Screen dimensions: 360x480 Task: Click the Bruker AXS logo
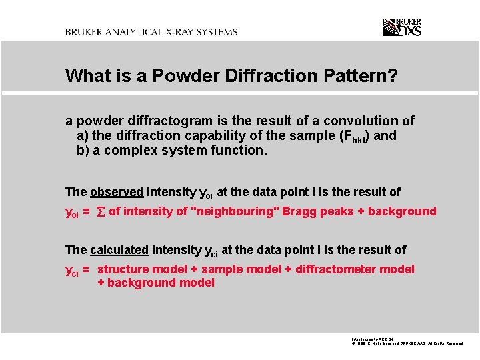click(402, 27)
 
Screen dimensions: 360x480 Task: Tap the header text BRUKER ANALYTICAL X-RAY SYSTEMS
click(151, 32)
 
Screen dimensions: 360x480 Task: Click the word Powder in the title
click(181, 76)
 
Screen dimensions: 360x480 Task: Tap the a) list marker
click(83, 135)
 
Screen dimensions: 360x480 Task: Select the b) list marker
click(83, 150)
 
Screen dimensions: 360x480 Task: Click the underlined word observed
click(117, 192)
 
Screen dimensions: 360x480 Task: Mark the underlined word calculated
click(119, 250)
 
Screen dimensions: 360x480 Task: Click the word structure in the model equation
click(123, 269)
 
